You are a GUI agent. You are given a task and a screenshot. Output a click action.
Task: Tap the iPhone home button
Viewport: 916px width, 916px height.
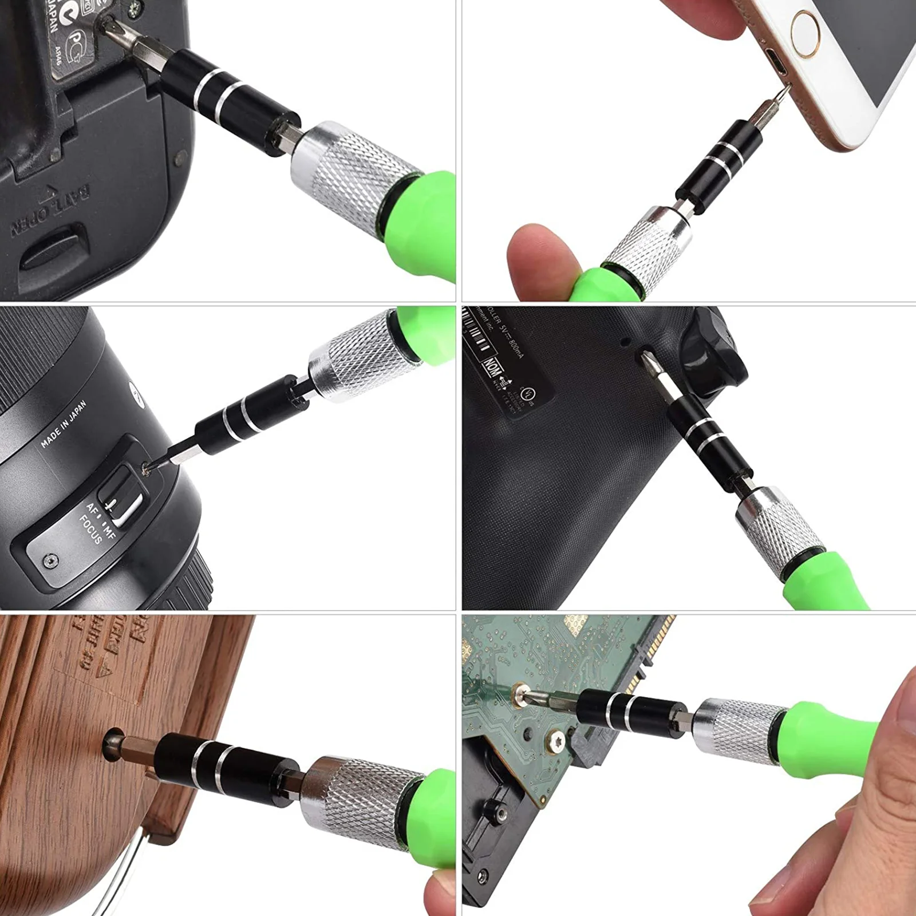pos(814,33)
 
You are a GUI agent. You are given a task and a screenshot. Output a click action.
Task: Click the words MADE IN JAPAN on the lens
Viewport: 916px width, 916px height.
pos(64,424)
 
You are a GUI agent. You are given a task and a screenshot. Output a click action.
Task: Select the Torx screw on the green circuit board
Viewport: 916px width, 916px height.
pos(558,741)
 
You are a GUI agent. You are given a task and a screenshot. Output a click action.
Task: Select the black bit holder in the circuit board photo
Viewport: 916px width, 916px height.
pos(630,710)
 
